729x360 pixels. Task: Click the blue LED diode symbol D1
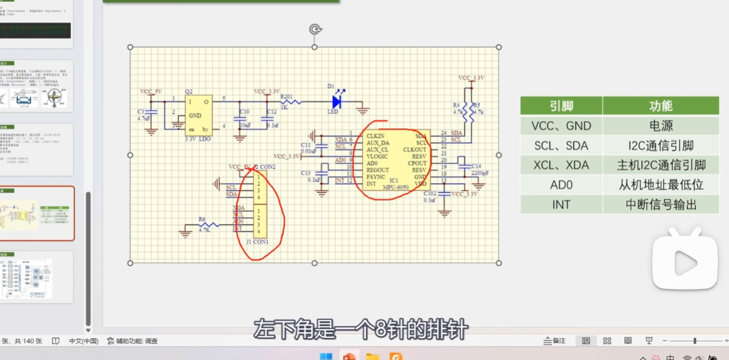tap(336, 101)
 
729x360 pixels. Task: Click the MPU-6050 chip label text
tap(395, 187)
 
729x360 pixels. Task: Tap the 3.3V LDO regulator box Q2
tap(197, 116)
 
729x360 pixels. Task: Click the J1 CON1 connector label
tap(257, 242)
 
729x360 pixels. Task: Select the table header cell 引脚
tap(561, 106)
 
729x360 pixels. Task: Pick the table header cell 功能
tap(660, 106)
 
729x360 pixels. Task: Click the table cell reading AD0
tap(561, 185)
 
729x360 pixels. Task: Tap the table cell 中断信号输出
tap(660, 205)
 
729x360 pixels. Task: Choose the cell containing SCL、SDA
tap(561, 145)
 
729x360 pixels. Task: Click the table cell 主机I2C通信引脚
tap(660, 165)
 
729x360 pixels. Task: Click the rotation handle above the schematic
tap(315, 29)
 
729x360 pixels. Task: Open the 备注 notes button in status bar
tap(555, 341)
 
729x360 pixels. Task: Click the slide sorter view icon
tap(607, 341)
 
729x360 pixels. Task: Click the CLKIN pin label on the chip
tap(375, 136)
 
